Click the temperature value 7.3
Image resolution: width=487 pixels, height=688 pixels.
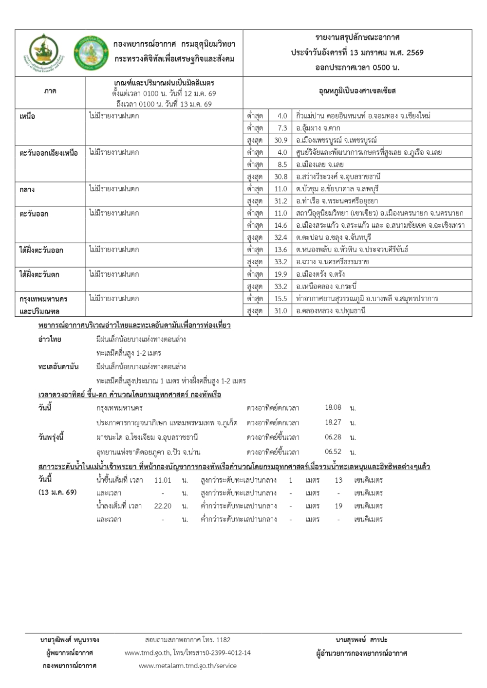(x=282, y=128)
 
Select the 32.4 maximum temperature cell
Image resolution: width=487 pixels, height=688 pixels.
(x=281, y=237)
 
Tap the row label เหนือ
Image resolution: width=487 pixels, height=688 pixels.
(x=27, y=117)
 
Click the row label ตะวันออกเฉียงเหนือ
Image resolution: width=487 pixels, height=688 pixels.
(x=49, y=153)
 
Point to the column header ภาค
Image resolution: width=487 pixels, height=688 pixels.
(x=50, y=91)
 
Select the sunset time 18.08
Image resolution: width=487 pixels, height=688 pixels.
(x=333, y=408)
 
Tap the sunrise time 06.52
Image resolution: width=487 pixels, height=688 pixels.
(x=333, y=452)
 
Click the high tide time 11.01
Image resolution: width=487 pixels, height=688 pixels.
(x=163, y=480)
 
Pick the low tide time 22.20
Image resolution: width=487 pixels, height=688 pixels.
(x=163, y=506)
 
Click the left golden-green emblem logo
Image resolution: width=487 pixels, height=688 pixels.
(x=44, y=53)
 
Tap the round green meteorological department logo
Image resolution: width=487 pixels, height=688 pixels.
(x=90, y=53)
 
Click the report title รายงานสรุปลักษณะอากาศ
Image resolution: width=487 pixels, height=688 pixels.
(x=357, y=37)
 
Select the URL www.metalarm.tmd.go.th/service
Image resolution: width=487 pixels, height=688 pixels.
(x=187, y=666)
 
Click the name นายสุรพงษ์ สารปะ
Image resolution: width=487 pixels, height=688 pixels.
(x=361, y=640)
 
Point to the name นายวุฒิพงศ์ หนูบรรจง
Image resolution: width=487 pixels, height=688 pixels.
(x=70, y=640)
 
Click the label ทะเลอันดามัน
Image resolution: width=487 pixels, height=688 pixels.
(x=58, y=367)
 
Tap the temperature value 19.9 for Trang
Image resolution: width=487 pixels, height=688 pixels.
(x=281, y=274)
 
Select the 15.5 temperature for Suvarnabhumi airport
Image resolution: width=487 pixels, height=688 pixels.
(x=281, y=299)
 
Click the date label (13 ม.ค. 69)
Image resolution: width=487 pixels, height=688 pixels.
(x=57, y=492)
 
